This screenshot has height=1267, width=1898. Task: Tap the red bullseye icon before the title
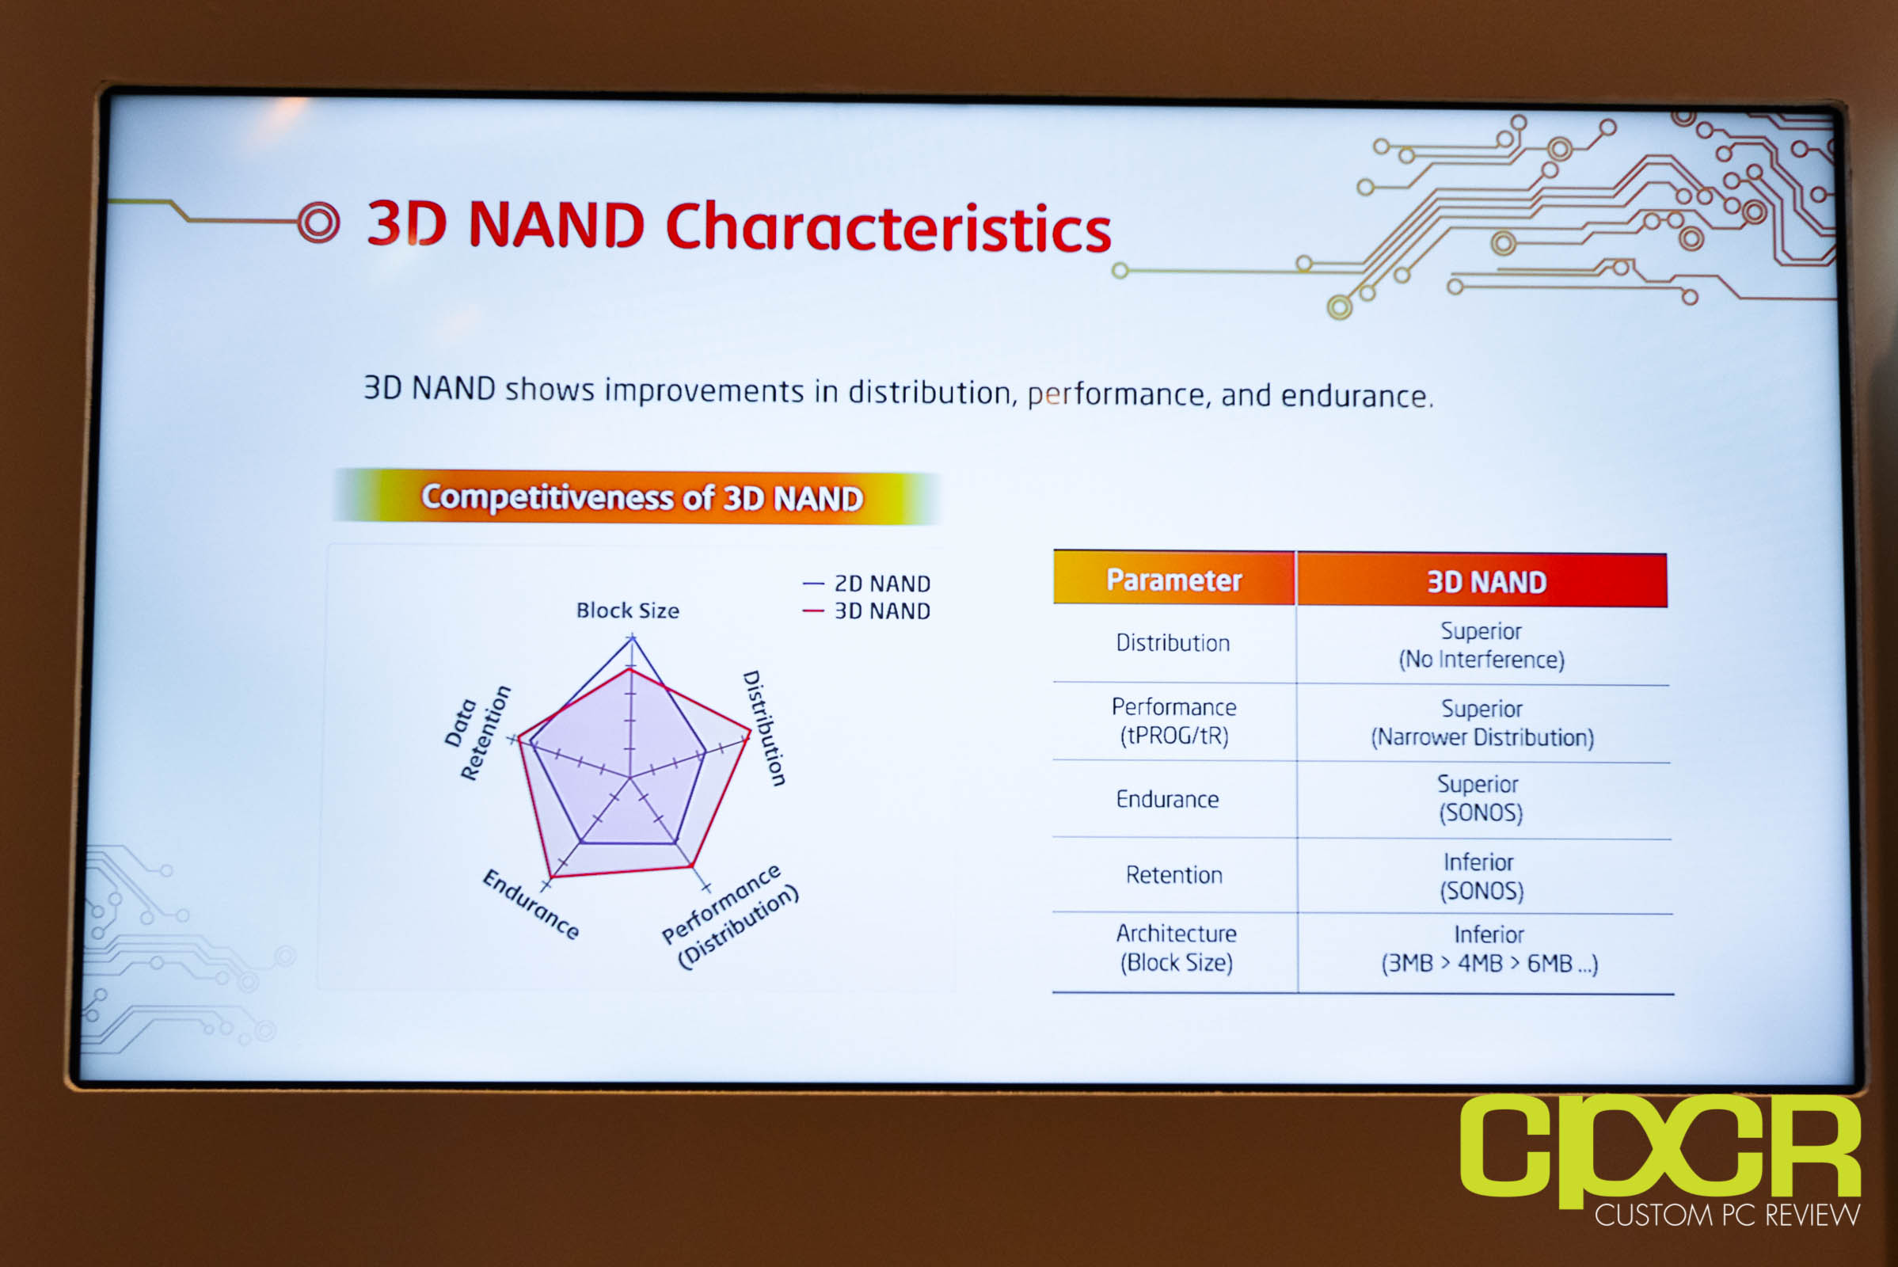[318, 223]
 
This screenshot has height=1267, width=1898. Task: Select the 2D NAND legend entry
[867, 584]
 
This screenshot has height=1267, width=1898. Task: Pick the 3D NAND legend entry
[867, 611]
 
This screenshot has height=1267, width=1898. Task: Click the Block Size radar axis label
[628, 610]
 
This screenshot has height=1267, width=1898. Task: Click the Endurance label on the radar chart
[531, 904]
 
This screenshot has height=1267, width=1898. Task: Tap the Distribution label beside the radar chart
[764, 727]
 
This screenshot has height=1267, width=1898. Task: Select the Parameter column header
[1174, 580]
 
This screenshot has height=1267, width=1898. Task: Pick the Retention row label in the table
[1174, 875]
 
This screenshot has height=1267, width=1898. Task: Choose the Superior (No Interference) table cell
[1481, 645]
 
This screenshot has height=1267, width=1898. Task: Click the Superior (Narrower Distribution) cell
[1482, 723]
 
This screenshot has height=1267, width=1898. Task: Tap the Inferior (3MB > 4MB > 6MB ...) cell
[1489, 949]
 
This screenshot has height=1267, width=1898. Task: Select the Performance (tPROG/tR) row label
[1174, 721]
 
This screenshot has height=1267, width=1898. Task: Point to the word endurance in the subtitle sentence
[1356, 396]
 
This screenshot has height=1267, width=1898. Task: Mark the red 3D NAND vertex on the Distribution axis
[750, 731]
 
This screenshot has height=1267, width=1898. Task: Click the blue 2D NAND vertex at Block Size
[632, 637]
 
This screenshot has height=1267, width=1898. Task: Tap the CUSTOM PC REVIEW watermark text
[1728, 1215]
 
